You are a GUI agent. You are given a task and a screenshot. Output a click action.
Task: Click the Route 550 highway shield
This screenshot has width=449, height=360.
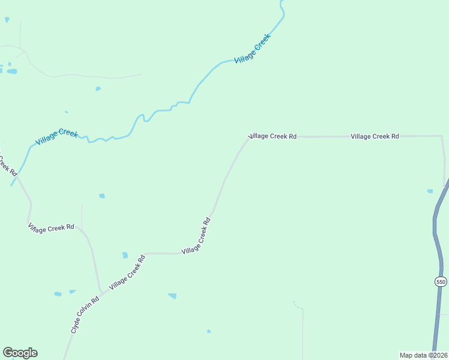(441, 281)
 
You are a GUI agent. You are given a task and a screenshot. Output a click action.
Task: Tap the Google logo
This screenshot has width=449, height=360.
(20, 353)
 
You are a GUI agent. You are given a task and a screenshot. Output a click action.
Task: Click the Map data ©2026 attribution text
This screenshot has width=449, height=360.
(423, 355)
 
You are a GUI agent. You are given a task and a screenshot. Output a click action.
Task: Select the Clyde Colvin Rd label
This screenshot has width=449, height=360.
(84, 315)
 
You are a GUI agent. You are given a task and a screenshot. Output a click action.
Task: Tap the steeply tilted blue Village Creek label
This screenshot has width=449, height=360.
(253, 48)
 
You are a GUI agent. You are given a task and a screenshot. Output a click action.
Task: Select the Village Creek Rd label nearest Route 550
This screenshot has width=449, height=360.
(375, 136)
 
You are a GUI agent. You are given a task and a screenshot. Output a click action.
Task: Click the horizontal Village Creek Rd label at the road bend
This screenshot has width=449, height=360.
(273, 136)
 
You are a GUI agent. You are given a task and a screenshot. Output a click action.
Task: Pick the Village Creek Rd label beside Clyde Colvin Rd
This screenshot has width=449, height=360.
(127, 274)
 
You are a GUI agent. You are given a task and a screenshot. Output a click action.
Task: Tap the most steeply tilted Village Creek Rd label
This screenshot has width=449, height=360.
(197, 235)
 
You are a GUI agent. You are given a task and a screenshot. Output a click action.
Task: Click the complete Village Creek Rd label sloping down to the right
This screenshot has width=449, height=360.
(51, 227)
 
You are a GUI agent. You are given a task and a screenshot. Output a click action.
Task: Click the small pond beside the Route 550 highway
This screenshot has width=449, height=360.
(430, 191)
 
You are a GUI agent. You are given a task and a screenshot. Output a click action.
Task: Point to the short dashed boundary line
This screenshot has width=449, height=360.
(298, 306)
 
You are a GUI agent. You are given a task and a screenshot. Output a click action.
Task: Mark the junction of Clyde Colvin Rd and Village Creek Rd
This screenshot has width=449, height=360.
(101, 293)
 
